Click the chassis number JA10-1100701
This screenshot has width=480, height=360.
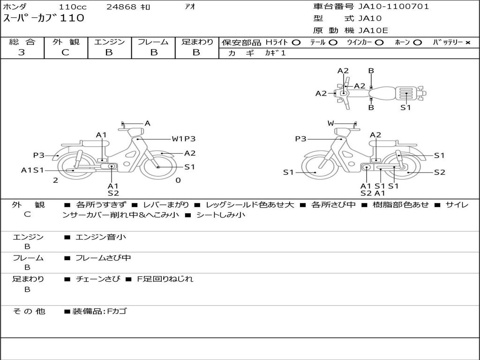click(x=393, y=7)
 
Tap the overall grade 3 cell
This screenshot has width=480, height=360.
click(x=22, y=52)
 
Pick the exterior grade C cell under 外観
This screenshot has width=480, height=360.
click(x=66, y=52)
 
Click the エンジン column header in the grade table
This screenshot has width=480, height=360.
click(x=109, y=42)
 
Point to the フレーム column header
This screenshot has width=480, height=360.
click(x=153, y=42)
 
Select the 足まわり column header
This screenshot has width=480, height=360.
click(x=197, y=42)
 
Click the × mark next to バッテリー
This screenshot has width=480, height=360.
click(x=467, y=43)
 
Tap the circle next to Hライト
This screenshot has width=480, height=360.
click(x=296, y=43)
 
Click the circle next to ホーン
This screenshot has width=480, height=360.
click(x=417, y=43)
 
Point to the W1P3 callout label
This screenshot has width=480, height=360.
click(x=183, y=139)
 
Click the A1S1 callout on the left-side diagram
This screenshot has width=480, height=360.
click(x=32, y=170)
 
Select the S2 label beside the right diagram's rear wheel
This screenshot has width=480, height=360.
click(x=439, y=172)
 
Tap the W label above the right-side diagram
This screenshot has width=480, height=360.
click(x=331, y=124)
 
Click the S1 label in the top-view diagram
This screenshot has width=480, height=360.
click(x=405, y=107)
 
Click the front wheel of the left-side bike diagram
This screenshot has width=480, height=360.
click(x=158, y=167)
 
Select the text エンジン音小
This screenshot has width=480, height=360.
click(x=101, y=237)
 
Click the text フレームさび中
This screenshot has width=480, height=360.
click(x=103, y=258)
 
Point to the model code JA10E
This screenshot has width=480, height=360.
click(x=373, y=31)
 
